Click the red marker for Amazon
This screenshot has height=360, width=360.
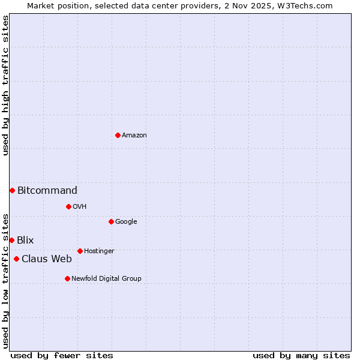[118, 135]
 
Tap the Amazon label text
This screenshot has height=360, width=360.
[134, 136]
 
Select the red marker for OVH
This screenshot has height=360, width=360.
[68, 206]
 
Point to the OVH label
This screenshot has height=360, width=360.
[80, 207]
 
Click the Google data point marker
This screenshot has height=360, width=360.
[111, 221]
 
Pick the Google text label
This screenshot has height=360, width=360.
[126, 222]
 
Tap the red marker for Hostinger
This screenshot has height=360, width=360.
[80, 251]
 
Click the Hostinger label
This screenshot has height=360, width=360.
[99, 251]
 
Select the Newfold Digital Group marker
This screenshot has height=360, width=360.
[67, 278]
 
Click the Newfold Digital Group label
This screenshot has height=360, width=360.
[106, 279]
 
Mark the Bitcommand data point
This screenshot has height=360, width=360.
[12, 190]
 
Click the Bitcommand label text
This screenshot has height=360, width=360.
[47, 191]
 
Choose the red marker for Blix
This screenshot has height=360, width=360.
[11, 240]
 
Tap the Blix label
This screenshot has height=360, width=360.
[25, 241]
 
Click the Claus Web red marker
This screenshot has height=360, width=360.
[16, 259]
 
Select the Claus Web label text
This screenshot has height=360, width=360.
[47, 259]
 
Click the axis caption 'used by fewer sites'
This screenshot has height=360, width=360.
[62, 355]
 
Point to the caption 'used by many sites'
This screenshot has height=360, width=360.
[301, 355]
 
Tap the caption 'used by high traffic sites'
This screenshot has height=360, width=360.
[5, 85]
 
